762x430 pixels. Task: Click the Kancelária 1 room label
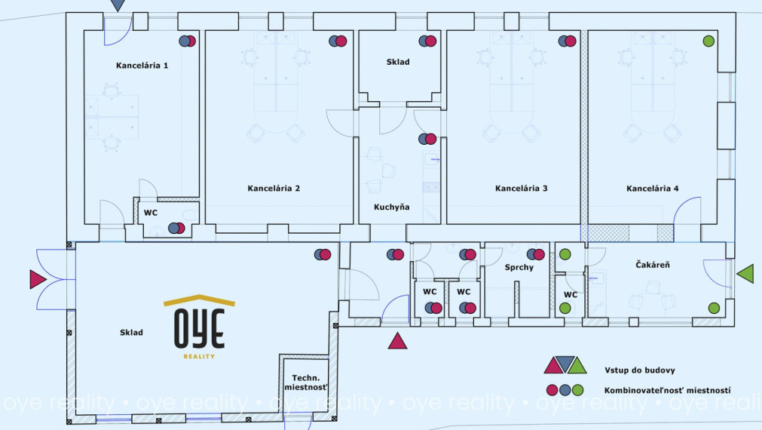(142, 66)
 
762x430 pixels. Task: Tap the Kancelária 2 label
(274, 188)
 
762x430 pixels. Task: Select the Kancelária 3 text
(521, 188)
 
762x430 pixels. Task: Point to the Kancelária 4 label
(653, 188)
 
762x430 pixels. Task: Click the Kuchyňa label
(392, 207)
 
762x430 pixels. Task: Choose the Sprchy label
(519, 268)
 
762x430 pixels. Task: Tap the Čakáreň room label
(653, 266)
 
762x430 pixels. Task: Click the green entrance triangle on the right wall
(745, 274)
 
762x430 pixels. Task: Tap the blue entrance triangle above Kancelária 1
(118, 5)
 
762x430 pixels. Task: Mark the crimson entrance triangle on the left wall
(38, 280)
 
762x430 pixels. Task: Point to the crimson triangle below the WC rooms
(397, 341)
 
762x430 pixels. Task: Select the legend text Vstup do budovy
(639, 370)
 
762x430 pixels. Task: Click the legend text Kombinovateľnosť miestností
(667, 391)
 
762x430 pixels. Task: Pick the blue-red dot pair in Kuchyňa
(427, 139)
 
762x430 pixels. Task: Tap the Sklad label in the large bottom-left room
(131, 332)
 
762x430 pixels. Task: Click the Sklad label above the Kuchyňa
(398, 62)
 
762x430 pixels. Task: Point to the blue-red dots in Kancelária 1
(187, 41)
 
